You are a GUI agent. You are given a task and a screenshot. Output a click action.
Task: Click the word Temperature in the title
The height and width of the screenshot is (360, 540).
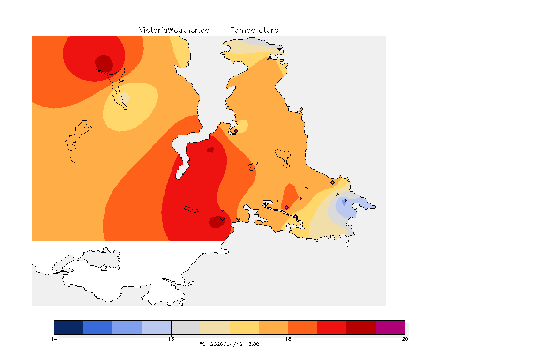click(254, 30)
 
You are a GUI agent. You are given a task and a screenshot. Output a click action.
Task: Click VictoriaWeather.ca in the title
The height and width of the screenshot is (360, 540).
click(174, 30)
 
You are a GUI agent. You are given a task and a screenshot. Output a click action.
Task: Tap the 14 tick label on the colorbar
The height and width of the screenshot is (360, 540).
click(54, 339)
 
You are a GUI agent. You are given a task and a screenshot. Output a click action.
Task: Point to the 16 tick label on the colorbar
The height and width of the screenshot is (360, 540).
click(171, 339)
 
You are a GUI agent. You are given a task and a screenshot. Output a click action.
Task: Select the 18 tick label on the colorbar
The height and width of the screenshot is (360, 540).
click(288, 339)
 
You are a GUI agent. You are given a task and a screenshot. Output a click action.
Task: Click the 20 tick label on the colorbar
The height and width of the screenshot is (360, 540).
click(405, 339)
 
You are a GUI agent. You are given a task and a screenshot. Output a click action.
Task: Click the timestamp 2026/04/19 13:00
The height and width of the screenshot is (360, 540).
click(233, 345)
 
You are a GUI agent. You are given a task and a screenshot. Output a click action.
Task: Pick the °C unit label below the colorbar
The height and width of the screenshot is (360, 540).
click(202, 345)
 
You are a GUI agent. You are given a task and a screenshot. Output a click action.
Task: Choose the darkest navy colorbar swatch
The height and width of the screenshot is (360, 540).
click(69, 327)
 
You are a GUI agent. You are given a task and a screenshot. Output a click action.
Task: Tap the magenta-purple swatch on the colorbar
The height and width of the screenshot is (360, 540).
click(390, 327)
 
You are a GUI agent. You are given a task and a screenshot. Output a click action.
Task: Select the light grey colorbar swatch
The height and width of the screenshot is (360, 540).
click(186, 327)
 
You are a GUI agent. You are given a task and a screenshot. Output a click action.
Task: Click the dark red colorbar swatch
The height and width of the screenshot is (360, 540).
click(361, 327)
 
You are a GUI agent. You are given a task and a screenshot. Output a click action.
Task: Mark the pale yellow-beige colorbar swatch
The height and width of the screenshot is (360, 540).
click(215, 327)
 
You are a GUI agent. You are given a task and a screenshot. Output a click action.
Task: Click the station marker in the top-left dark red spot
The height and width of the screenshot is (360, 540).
click(108, 68)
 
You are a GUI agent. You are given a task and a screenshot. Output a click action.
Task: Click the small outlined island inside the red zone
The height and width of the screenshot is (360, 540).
click(192, 210)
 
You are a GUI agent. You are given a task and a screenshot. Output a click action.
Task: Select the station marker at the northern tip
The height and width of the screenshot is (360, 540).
click(269, 59)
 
